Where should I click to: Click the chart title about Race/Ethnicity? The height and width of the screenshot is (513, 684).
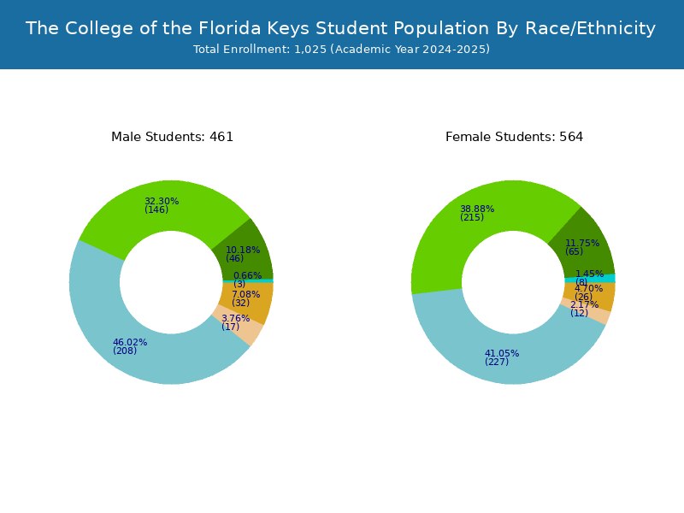(x=340, y=28)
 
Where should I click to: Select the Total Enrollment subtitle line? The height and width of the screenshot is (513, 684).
(x=341, y=50)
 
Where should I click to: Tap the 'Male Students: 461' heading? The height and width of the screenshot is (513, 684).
(x=173, y=137)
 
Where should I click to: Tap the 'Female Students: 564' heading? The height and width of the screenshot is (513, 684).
(x=515, y=137)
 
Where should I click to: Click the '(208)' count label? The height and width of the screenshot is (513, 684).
(x=125, y=351)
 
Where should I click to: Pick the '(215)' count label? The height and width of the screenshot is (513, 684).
(x=472, y=217)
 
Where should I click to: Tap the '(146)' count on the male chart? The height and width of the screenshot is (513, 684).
(x=156, y=209)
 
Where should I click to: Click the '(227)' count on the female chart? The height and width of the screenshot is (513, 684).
(x=497, y=362)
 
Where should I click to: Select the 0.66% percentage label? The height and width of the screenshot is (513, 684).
(x=248, y=275)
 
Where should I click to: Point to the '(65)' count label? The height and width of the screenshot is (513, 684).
(x=574, y=251)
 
